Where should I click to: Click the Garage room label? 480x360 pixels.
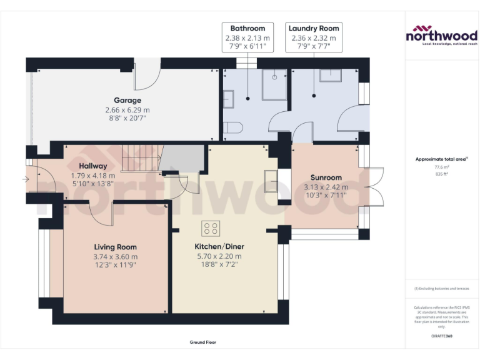127,100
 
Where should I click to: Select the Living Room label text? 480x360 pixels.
115,247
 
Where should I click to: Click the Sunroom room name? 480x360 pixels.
326,177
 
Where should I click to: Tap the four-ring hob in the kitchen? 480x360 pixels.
210,228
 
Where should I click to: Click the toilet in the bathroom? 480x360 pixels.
232,127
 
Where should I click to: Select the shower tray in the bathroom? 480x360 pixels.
274,85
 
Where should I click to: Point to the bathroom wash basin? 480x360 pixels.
228,98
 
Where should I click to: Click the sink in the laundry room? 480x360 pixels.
330,76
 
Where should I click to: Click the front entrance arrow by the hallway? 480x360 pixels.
25,179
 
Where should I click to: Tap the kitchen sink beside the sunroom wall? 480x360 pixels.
271,181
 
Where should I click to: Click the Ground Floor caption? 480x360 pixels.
203,342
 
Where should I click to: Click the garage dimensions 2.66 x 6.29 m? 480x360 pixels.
127,110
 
